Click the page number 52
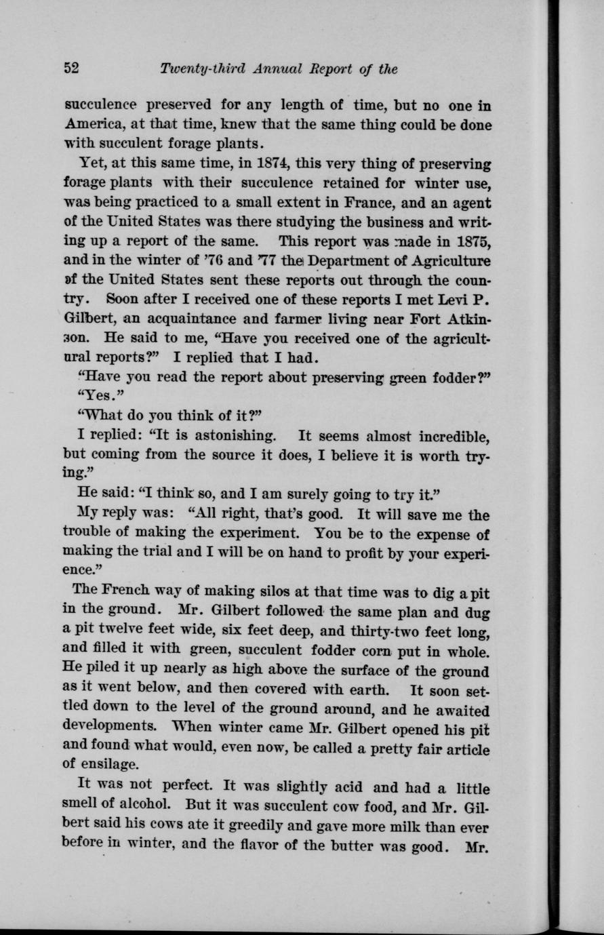(x=72, y=68)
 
